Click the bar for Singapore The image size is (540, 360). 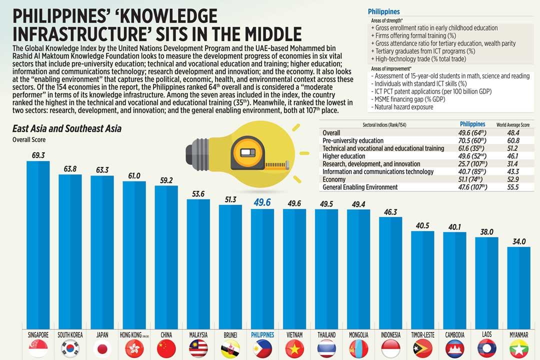point(38,245)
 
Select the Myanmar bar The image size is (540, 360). point(518,287)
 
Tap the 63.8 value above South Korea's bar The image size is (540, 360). point(70,169)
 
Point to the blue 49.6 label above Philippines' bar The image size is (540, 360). point(262,202)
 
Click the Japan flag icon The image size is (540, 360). point(102,348)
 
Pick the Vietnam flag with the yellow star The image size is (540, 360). point(294,348)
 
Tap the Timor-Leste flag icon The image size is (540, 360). point(422,348)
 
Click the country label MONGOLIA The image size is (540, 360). point(358,334)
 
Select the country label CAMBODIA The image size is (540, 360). point(454,334)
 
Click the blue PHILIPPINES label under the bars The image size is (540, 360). point(262,334)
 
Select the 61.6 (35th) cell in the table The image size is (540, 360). point(472,148)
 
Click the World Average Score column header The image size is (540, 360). point(512,124)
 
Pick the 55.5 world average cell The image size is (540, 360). point(512,187)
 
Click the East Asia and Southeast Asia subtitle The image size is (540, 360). point(66,128)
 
